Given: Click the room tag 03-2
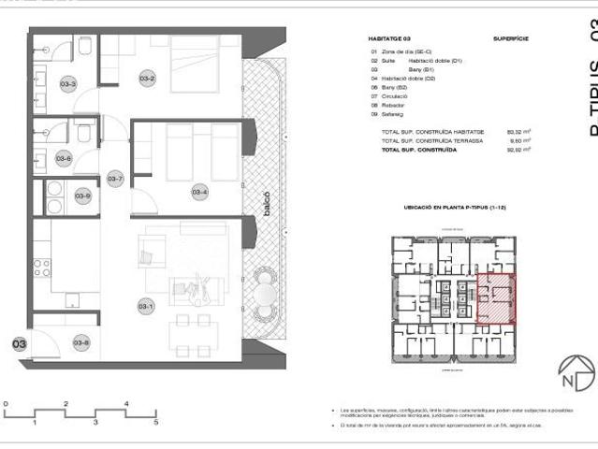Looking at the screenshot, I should (147, 80).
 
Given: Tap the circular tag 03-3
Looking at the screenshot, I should (68, 85).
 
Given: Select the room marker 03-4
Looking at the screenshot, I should (199, 193).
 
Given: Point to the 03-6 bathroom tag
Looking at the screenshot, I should (64, 158).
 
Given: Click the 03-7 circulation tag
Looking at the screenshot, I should (115, 179).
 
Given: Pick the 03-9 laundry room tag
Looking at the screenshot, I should (82, 196).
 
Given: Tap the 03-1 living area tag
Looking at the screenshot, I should (146, 305).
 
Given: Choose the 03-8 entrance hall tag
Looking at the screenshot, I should (81, 342).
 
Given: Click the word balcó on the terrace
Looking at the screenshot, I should (267, 203).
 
